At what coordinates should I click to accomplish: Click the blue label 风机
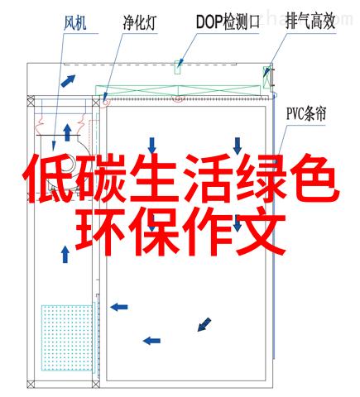(x=74, y=22)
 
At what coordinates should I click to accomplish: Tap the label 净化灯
(x=140, y=22)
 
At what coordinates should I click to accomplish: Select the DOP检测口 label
(x=228, y=22)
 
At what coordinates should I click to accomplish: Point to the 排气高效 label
(x=310, y=21)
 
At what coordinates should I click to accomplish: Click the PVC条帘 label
(x=306, y=113)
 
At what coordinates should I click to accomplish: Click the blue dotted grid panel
(x=67, y=337)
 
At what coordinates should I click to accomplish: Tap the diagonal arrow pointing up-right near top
(x=68, y=80)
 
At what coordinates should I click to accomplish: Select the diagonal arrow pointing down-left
(x=204, y=324)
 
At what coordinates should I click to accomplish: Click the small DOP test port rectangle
(x=178, y=67)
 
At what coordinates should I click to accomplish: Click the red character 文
(x=261, y=232)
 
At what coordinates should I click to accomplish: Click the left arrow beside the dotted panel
(x=119, y=307)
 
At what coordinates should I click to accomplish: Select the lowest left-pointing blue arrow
(x=151, y=341)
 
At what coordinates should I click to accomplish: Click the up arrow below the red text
(x=65, y=254)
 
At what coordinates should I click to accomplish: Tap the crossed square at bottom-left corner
(x=31, y=384)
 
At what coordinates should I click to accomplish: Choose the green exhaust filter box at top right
(x=266, y=77)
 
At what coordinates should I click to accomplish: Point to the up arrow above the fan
(x=67, y=132)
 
